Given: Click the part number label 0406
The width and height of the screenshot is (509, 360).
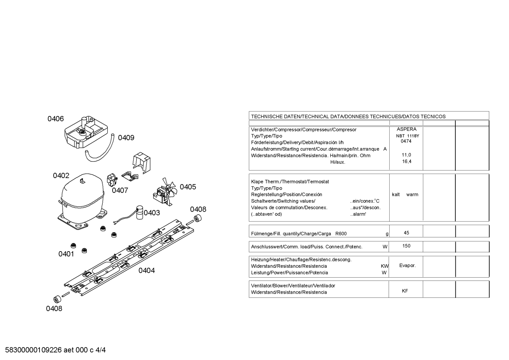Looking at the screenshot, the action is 56,119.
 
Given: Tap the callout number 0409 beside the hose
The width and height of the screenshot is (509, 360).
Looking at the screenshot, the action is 126,137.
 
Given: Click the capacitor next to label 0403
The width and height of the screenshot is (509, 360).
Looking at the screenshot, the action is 139,213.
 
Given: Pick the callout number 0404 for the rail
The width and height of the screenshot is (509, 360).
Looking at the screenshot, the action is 146,270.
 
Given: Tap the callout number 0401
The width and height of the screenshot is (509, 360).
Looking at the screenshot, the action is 66,254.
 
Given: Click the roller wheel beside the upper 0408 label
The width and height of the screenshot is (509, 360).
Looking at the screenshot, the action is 197,218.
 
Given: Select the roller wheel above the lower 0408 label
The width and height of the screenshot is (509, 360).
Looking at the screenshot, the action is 57,299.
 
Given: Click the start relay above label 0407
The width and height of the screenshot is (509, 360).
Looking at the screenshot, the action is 112,180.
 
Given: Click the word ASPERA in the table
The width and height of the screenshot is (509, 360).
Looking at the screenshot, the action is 407,129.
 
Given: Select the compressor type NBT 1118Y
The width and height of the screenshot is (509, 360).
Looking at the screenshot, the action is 407,136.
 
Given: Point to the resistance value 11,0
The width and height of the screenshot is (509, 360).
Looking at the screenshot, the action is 406,155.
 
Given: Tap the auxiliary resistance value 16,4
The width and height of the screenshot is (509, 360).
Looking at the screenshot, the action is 407,161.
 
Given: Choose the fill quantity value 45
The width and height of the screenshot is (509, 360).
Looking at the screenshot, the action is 407,233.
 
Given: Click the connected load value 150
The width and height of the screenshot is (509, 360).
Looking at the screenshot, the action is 406,246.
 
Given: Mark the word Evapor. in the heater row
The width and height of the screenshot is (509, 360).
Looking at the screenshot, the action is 407,266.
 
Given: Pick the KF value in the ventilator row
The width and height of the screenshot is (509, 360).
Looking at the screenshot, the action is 405,291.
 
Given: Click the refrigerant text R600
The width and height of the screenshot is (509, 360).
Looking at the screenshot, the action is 341,234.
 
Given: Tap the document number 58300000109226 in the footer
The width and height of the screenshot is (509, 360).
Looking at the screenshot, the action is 34,350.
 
